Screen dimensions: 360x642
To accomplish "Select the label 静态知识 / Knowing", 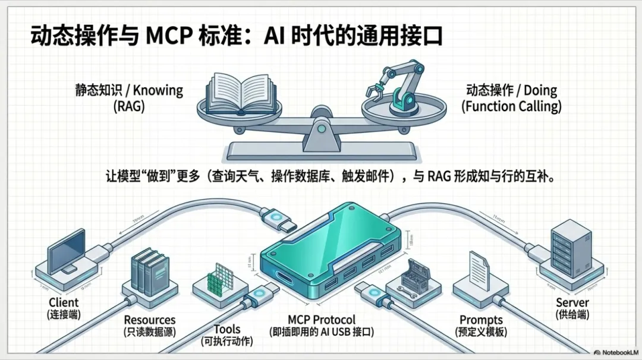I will click(129, 91).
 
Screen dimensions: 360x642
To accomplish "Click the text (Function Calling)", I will click(511, 107).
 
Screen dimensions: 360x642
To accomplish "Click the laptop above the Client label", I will click(65, 256).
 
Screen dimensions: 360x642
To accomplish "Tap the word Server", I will click(572, 302).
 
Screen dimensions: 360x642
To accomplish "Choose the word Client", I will click(64, 303).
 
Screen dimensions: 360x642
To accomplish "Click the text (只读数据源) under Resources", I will click(150, 332).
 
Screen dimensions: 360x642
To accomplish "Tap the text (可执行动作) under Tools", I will click(227, 341).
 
